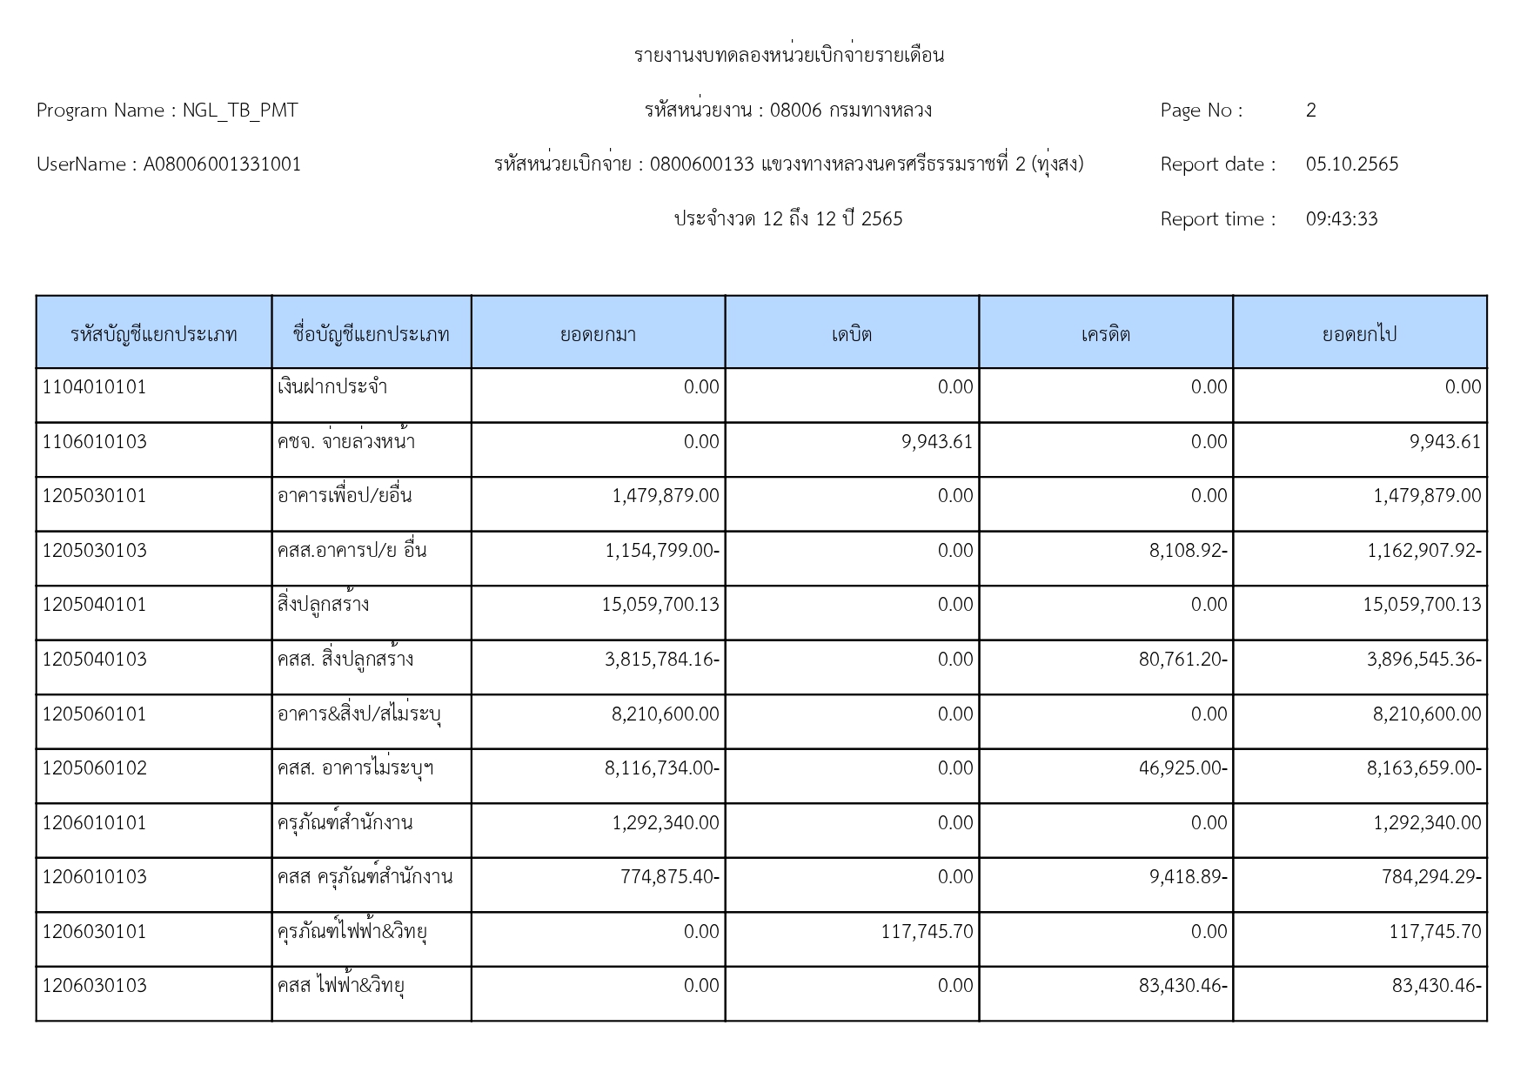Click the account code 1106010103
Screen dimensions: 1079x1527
click(95, 442)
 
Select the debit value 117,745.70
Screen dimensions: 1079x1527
click(927, 932)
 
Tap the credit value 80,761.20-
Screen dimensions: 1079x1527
click(1182, 660)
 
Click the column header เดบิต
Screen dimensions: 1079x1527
click(852, 334)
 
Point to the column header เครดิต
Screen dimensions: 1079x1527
click(1105, 334)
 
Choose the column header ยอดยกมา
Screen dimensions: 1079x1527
click(598, 334)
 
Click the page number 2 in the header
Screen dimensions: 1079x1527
click(1310, 111)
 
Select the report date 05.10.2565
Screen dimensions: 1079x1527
click(1351, 164)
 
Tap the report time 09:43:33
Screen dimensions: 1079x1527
click(1341, 219)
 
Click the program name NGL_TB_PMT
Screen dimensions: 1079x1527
click(240, 111)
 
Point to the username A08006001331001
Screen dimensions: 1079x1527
click(222, 164)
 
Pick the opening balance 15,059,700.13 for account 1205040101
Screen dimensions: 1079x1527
click(660, 605)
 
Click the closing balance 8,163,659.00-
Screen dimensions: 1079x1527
click(1423, 768)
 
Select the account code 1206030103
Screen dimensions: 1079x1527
click(95, 986)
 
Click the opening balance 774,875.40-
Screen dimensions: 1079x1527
click(669, 877)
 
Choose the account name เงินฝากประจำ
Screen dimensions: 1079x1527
click(332, 387)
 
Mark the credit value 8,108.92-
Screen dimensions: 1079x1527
click(1188, 551)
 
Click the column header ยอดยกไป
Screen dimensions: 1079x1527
click(1359, 334)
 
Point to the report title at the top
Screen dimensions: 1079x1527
click(788, 56)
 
